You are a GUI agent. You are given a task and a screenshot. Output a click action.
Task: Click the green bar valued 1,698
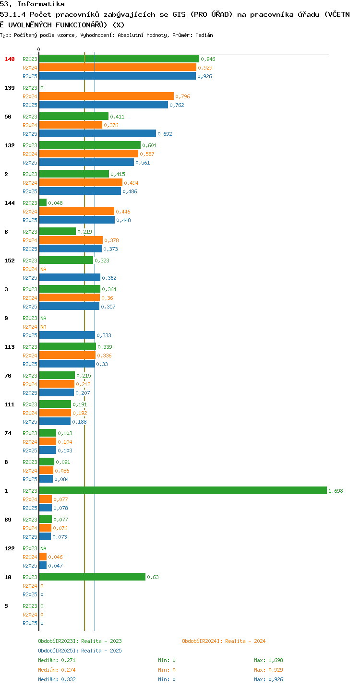[183, 490]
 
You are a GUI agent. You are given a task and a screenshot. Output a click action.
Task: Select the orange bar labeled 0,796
[106, 96]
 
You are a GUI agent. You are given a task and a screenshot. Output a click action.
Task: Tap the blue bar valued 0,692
[97, 133]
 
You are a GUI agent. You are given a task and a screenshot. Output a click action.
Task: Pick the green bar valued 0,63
[92, 577]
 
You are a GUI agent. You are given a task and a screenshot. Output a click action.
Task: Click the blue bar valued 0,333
[67, 335]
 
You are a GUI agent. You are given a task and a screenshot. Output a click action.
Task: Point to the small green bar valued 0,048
[43, 203]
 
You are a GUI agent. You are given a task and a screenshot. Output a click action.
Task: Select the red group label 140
[10, 59]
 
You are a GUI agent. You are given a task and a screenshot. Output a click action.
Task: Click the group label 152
[10, 261]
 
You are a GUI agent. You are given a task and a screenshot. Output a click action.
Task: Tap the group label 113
[10, 347]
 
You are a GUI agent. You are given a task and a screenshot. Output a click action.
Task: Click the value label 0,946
[208, 59]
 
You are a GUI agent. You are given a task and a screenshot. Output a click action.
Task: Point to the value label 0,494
[131, 183]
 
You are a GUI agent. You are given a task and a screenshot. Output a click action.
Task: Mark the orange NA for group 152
[43, 269]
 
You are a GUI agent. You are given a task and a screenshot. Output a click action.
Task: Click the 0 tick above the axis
[39, 49]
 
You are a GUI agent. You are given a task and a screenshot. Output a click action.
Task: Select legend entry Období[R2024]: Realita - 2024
[224, 641]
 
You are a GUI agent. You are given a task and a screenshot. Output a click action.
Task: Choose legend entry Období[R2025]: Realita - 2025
[80, 651]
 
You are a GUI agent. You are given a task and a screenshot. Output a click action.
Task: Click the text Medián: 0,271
[57, 660]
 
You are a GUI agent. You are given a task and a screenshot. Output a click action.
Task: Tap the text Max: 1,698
[268, 660]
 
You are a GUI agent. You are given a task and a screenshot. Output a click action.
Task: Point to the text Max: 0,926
[268, 679]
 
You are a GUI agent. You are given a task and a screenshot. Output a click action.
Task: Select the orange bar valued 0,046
[43, 557]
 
